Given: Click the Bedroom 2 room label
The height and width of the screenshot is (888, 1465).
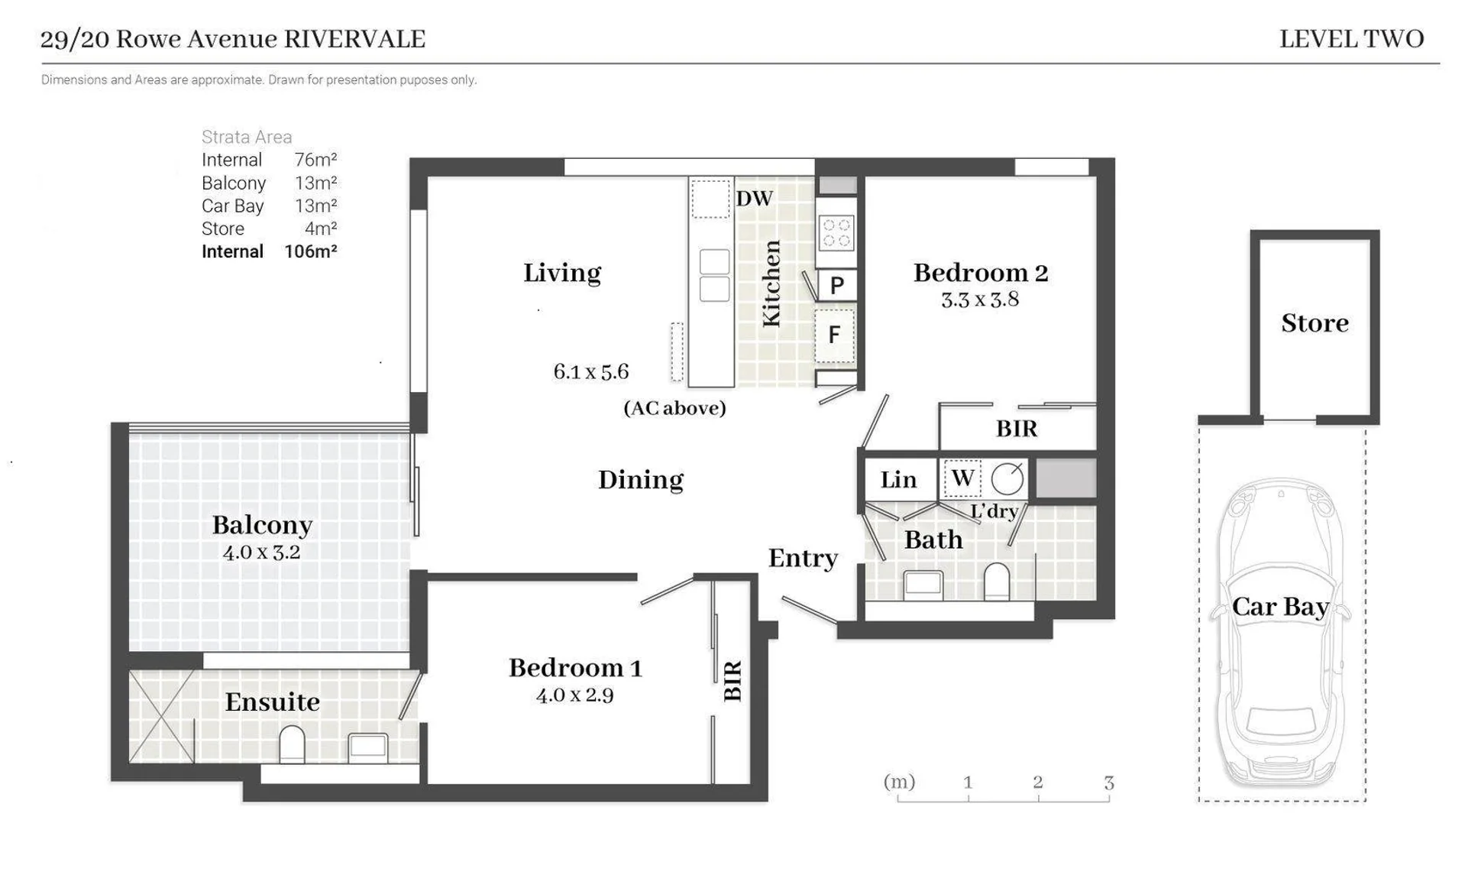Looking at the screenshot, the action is coord(981,273).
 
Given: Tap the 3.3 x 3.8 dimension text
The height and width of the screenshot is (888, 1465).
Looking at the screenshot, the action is coord(980,300).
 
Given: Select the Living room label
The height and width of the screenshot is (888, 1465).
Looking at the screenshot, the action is coord(562,273).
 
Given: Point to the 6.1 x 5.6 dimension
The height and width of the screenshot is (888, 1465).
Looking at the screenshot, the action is coord(590,372).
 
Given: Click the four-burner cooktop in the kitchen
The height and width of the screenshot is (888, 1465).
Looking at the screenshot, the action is coord(836,232).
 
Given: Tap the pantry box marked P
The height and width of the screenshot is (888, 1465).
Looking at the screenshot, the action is coord(837,286).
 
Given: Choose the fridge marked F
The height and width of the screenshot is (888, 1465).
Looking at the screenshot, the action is coord(835,335).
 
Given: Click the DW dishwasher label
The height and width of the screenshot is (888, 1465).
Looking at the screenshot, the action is coord(755,199).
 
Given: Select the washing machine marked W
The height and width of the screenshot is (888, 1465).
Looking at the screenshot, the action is coord(962,478).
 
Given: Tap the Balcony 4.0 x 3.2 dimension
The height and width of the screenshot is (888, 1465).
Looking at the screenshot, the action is coord(261,552).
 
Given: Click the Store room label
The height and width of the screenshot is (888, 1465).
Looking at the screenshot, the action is coord(1315,323).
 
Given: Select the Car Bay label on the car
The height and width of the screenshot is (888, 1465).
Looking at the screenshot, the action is coord(1280,607).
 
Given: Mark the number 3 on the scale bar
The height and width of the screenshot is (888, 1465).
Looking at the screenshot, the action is coord(1108,783).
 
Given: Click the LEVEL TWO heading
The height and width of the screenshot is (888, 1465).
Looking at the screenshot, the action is coord(1351,39).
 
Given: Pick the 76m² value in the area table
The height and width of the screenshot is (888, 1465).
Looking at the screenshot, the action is coord(315,160).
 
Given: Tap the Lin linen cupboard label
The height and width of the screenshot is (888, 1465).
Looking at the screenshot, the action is coord(898,480).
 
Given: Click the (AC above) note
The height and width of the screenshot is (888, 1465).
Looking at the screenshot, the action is coord(674,408).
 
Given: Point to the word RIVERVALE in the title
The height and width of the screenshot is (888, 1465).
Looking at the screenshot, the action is coord(354,39).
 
